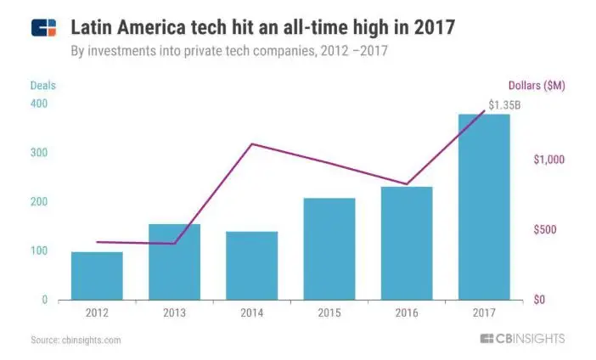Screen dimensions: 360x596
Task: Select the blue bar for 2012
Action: tap(97, 276)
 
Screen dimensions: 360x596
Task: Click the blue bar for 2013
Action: tap(174, 262)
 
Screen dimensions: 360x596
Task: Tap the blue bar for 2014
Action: tap(251, 266)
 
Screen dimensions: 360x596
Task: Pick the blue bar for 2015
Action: tap(329, 249)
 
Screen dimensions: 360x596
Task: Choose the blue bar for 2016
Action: tap(407, 243)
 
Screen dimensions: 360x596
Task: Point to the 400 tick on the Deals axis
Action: tap(39, 104)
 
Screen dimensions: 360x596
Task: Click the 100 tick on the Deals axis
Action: tap(39, 251)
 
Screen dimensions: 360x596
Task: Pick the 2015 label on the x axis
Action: tap(329, 312)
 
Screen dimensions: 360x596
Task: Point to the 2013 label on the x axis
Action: tap(174, 312)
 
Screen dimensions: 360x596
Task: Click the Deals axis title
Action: tap(42, 85)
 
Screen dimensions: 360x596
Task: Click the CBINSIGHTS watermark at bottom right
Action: tap(521, 339)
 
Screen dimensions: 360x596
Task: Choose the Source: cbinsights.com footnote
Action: tap(76, 340)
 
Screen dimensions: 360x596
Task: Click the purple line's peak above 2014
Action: tap(252, 144)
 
